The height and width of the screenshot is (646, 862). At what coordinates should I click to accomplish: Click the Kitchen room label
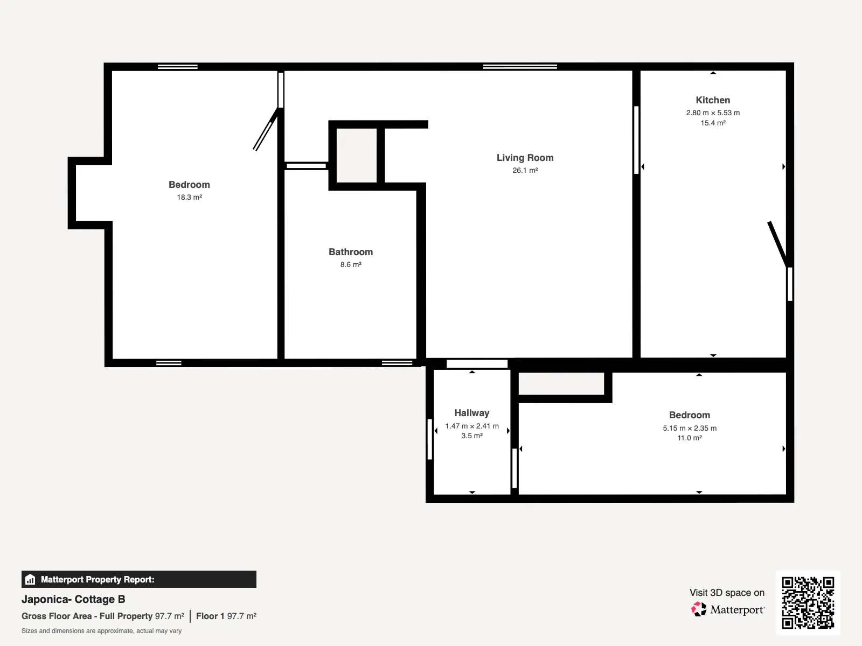[713, 100]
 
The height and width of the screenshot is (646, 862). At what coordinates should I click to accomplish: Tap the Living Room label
[525, 158]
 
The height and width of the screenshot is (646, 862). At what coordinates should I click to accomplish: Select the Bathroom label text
[351, 252]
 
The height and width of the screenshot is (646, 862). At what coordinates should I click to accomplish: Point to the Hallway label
[471, 412]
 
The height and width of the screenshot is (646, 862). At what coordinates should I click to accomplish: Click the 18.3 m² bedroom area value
[189, 197]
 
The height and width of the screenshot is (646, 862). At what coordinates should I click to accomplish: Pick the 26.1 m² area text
[525, 170]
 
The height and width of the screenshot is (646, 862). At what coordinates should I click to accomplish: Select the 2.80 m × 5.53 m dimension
[713, 113]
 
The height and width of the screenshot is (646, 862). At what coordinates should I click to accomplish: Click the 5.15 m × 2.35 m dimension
[690, 428]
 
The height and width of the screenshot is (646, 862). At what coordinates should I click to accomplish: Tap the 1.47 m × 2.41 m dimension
[471, 426]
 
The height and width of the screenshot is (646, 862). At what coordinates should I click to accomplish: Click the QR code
[808, 602]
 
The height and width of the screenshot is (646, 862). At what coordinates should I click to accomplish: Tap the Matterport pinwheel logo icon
[699, 609]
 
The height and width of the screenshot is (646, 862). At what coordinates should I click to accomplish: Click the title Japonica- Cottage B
[73, 599]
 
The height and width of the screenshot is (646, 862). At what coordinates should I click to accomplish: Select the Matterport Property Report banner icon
[30, 579]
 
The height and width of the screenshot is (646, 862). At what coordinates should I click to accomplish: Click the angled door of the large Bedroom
[266, 129]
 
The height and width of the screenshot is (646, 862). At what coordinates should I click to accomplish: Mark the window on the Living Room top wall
[520, 67]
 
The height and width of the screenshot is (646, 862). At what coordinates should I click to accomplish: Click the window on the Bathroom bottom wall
[397, 363]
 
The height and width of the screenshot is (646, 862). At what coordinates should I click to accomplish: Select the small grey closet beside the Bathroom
[357, 156]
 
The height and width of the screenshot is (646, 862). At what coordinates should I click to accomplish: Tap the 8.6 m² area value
[351, 264]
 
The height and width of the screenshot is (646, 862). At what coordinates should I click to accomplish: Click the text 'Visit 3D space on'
[727, 593]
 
